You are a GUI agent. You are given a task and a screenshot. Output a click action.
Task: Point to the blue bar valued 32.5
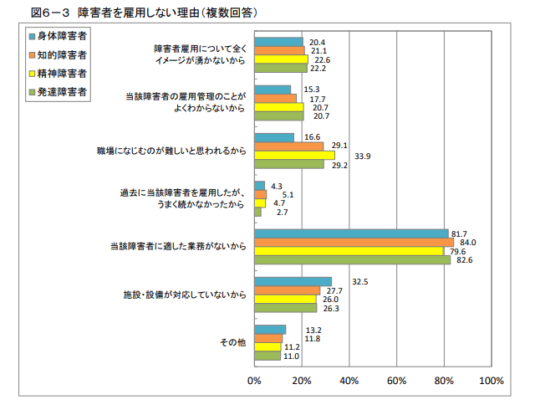click(x=293, y=281)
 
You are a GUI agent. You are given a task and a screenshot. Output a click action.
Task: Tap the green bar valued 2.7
click(x=257, y=212)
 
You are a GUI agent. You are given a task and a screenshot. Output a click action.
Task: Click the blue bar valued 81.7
click(x=351, y=233)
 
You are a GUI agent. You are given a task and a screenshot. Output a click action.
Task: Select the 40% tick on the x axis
click(x=349, y=381)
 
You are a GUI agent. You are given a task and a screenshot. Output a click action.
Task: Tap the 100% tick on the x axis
click(x=492, y=381)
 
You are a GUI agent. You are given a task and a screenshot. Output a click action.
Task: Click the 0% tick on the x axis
click(x=254, y=381)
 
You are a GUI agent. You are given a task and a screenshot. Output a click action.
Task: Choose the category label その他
click(x=232, y=342)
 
